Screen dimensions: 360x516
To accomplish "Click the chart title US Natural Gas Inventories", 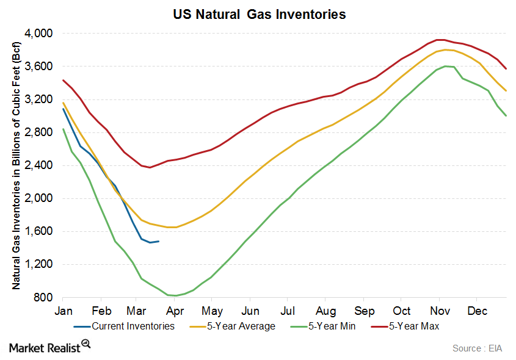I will (x=259, y=14).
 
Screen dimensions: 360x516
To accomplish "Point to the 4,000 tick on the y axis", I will (x=38, y=33).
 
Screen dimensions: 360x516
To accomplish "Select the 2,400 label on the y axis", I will (x=38, y=165).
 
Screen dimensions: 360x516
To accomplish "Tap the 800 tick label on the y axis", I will (x=43, y=298).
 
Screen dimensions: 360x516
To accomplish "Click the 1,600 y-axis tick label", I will (x=38, y=231).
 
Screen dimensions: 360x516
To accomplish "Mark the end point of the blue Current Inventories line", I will (x=159, y=241).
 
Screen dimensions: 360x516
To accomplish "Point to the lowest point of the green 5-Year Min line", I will (x=176, y=296).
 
